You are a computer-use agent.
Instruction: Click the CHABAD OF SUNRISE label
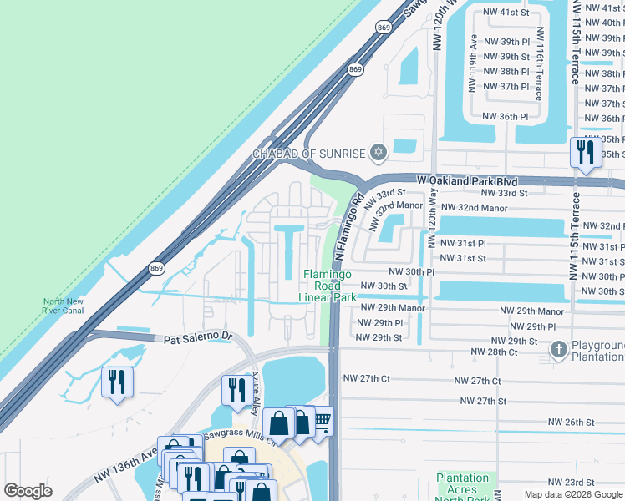tap(309, 154)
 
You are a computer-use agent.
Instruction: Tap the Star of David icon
tap(379, 152)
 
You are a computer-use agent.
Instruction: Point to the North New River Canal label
tap(64, 307)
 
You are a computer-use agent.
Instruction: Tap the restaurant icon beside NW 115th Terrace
tap(583, 152)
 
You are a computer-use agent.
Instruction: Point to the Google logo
tap(28, 491)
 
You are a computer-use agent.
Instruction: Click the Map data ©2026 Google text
tap(573, 494)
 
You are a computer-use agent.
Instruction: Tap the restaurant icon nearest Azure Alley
tap(236, 389)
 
